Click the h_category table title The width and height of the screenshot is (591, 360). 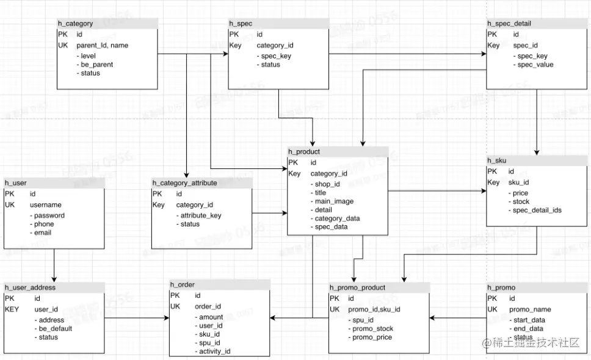[76, 24]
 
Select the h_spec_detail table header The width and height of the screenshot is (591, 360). [509, 24]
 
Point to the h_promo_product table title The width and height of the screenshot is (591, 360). [357, 287]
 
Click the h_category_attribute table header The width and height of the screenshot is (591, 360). [184, 182]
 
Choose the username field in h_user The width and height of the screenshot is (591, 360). [46, 205]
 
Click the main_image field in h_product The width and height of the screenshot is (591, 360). [334, 201]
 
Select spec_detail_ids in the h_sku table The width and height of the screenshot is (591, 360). [537, 210]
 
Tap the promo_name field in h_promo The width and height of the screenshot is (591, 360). [530, 309]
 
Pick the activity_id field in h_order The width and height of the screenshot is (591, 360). [214, 351]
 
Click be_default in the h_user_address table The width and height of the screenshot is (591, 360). [56, 328]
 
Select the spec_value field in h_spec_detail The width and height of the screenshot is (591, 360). [535, 65]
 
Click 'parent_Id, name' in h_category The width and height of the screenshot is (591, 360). [102, 45]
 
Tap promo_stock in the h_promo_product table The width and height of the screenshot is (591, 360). [372, 329]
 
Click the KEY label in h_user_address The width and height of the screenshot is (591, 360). [12, 309]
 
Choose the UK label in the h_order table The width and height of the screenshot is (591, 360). [175, 306]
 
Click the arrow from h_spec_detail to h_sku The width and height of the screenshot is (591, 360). [536, 122]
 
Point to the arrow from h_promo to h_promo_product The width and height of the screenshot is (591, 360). [458, 317]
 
